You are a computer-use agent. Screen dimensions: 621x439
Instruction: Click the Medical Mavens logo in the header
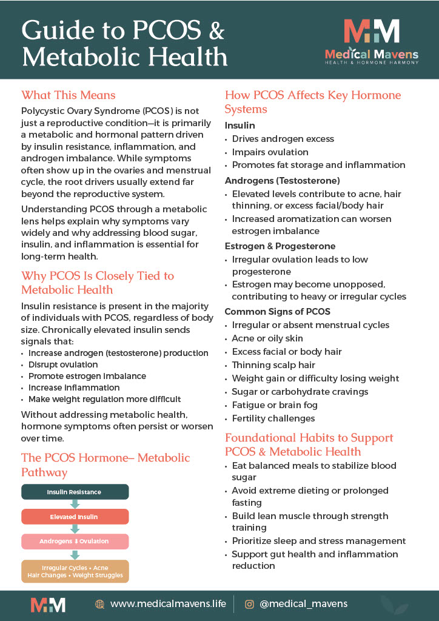(371, 39)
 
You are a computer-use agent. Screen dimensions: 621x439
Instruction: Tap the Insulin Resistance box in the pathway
(75, 492)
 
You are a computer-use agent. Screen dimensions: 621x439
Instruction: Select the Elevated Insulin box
(75, 517)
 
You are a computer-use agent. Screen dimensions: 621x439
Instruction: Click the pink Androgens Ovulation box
(75, 542)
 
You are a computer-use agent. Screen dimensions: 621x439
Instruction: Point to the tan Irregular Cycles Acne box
(75, 571)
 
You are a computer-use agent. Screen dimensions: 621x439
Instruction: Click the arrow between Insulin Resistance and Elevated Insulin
(75, 504)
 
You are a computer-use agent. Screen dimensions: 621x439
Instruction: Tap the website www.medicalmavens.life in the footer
(168, 603)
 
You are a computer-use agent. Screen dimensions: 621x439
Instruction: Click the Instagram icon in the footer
(249, 604)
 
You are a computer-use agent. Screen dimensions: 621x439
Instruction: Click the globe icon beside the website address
(100, 604)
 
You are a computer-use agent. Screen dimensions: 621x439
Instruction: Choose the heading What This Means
(68, 95)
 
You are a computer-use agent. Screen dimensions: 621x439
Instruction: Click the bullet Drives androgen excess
(283, 139)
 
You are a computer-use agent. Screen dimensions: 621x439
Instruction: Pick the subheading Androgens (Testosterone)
(282, 181)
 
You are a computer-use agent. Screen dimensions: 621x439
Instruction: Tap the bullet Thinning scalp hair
(273, 365)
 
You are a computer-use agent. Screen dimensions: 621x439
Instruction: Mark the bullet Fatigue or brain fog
(274, 405)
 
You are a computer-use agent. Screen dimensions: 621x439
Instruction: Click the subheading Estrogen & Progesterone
(280, 246)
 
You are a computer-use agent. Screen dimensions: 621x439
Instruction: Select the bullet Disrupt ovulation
(63, 364)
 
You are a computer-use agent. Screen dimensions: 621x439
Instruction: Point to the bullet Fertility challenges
(273, 418)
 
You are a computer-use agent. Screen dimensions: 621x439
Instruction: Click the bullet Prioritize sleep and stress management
(319, 541)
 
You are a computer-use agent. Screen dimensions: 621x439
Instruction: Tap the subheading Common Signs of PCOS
(277, 312)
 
